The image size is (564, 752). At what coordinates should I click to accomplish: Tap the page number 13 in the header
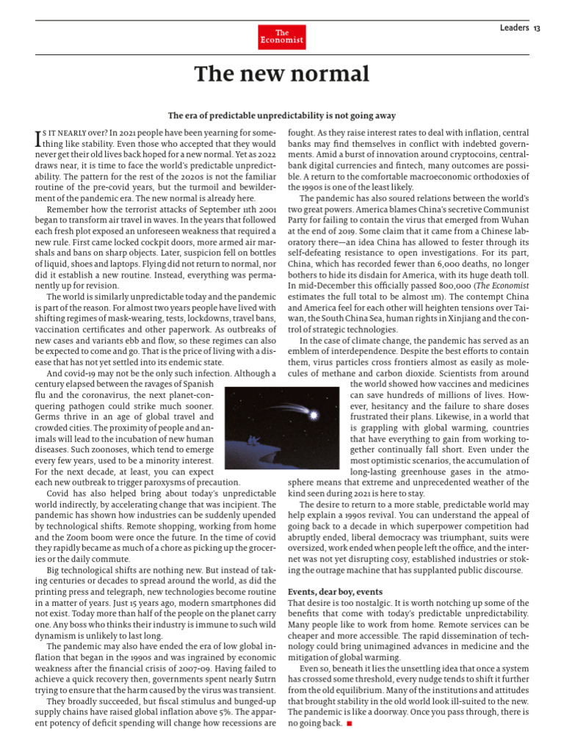coord(538,28)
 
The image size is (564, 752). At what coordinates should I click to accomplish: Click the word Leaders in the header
coord(514,28)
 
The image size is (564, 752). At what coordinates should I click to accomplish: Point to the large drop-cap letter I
coord(39,138)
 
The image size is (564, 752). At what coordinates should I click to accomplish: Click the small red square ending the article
coord(350,723)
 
